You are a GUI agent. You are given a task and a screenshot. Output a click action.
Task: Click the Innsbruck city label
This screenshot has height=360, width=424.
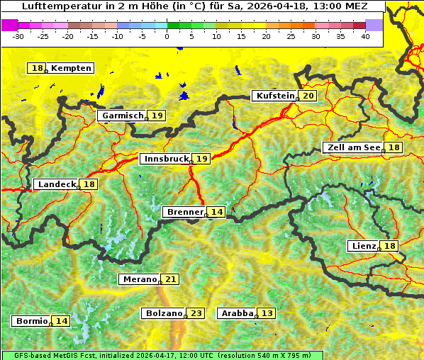[165, 159]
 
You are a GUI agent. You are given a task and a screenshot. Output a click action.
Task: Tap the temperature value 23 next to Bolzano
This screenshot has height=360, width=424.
[196, 313]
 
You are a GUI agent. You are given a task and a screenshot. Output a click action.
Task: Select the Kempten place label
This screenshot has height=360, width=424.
[71, 68]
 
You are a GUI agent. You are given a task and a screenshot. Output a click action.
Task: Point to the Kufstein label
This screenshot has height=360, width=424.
[274, 96]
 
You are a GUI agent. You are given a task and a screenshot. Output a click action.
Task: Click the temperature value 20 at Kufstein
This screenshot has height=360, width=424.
[308, 96]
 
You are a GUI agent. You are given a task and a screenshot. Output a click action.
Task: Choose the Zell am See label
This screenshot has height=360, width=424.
[352, 147]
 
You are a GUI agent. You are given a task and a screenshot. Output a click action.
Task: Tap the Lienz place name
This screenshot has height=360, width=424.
[363, 246]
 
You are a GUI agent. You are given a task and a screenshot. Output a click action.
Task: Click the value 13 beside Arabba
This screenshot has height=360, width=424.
[267, 313]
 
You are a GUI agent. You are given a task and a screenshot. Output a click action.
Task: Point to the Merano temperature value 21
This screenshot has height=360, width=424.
[170, 279]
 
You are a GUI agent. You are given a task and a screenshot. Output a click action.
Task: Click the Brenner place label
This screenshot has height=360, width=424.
[184, 212]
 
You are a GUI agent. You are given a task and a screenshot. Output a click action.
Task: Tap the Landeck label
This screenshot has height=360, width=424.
[57, 184]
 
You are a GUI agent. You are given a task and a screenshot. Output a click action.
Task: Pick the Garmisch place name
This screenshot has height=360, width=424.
[123, 116]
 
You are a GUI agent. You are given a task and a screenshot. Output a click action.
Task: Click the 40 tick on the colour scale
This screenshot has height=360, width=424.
[365, 35]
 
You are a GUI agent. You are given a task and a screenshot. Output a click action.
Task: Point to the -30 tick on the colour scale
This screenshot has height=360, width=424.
[18, 35]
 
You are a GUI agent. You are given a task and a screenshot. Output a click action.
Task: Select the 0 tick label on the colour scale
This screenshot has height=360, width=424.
[167, 35]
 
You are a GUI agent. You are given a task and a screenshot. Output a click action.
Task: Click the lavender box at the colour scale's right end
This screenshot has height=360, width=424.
[374, 25]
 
